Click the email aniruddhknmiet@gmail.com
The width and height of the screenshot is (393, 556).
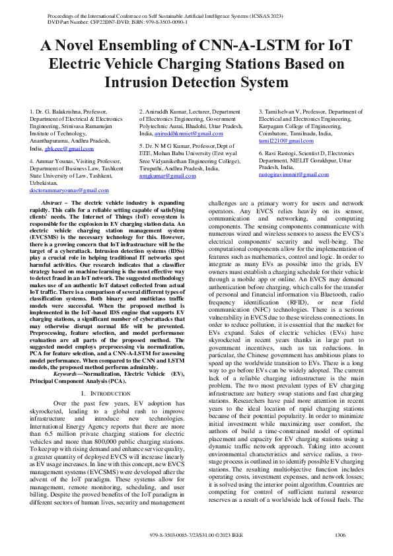tap(174, 133)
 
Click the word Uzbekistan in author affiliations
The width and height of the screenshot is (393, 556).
tap(46, 182)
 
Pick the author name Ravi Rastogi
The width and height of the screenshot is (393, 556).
tap(281, 153)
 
